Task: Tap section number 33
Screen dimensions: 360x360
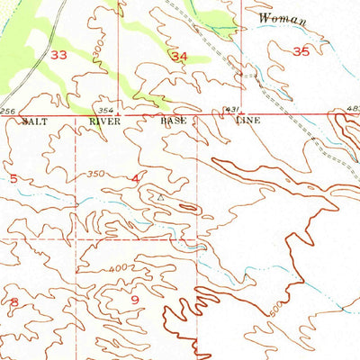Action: pos(60,55)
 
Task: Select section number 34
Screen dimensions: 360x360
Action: pos(179,56)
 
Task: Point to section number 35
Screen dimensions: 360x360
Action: pos(301,52)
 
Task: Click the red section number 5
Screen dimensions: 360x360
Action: pos(13,178)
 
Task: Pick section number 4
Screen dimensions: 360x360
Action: pos(135,179)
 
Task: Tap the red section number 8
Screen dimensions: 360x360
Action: pos(13,301)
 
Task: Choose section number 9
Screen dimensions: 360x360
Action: pos(134,300)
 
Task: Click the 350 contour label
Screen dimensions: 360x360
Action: pos(97,174)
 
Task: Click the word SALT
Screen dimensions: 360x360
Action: pos(34,120)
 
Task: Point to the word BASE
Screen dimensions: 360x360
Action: pos(174,120)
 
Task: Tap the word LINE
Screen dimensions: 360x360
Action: pos(246,120)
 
